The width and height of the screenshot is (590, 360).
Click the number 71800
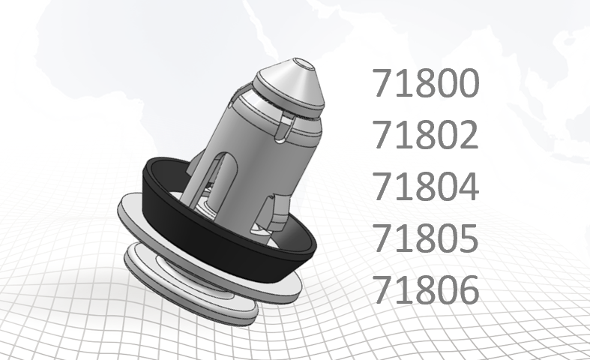tap(425, 84)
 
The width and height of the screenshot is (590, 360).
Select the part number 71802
tap(425, 135)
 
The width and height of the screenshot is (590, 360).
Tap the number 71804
tap(425, 187)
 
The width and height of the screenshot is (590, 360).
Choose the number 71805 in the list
tap(425, 238)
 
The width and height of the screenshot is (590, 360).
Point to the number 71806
tap(425, 289)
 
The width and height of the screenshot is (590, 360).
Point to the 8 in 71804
tap(425, 187)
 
